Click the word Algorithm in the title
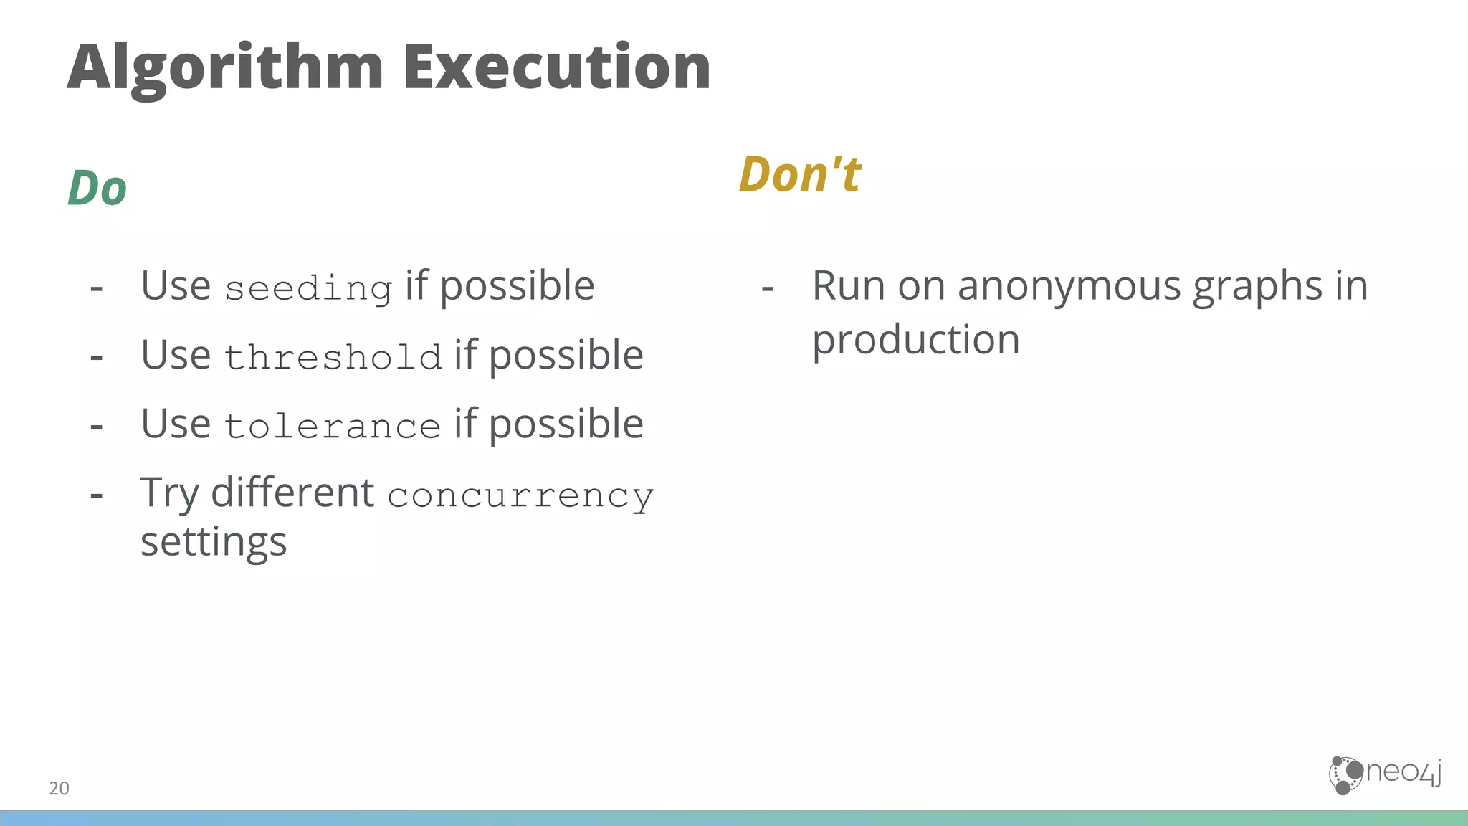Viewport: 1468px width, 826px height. (x=225, y=68)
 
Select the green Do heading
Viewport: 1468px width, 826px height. (x=97, y=189)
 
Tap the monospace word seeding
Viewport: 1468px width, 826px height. (x=308, y=289)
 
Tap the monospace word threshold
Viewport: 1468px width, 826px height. (x=333, y=357)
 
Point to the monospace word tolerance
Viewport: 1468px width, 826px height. (x=332, y=426)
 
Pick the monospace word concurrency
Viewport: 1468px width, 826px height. (x=520, y=495)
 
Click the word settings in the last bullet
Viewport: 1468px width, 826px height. (x=214, y=543)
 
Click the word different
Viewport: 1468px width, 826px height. (x=292, y=493)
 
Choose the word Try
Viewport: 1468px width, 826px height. (x=169, y=493)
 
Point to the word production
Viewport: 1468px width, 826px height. (x=915, y=340)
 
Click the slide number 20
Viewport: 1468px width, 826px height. (x=59, y=788)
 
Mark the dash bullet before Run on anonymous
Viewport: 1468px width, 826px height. (x=768, y=289)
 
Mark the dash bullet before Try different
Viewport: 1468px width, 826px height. (x=97, y=495)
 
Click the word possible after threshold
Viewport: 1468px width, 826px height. (x=566, y=356)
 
